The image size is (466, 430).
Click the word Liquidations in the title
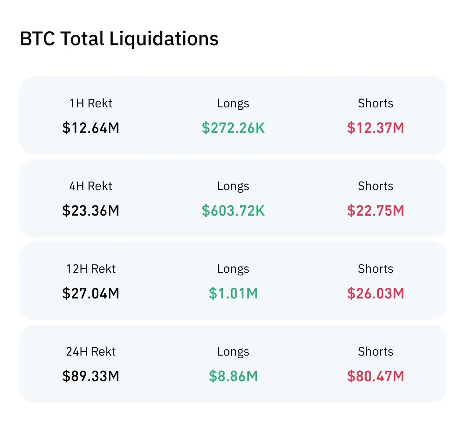point(164,39)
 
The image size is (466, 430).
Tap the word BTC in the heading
point(38,38)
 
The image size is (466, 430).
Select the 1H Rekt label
point(91,103)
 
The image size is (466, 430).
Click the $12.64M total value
point(90,128)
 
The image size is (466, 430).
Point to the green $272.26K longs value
point(233,128)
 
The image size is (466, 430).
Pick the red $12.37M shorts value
point(376,128)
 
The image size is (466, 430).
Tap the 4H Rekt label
point(90,186)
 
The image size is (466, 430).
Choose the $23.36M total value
point(90,211)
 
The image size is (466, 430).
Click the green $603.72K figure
point(233,211)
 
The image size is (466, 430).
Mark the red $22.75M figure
point(376,211)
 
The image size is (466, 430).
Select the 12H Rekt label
point(91,269)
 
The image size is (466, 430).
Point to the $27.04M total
point(90,293)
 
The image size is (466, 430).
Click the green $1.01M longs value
point(233,293)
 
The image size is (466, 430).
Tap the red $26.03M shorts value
point(376,293)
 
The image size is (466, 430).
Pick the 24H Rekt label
point(91,351)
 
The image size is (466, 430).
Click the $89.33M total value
point(90,376)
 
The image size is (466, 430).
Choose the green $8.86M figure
point(233,376)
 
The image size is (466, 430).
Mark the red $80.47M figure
point(376,376)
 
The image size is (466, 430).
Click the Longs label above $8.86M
point(233,352)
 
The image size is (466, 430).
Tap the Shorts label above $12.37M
point(376,103)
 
